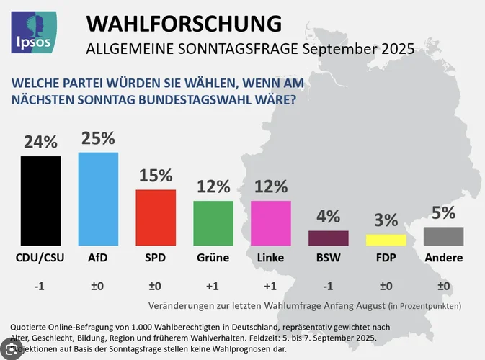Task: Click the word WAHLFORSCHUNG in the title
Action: (x=184, y=23)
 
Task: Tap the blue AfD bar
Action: (x=98, y=199)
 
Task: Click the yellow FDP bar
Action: (x=386, y=240)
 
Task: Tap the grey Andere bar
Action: (x=443, y=236)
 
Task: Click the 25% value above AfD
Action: (x=97, y=138)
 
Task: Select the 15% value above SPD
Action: (x=156, y=176)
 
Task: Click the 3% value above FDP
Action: (x=386, y=220)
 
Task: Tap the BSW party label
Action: (x=328, y=258)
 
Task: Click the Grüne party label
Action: (x=213, y=258)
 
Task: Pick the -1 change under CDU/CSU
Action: (x=40, y=286)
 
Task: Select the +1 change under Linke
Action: (x=270, y=286)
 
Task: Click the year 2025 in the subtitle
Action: (x=396, y=50)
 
